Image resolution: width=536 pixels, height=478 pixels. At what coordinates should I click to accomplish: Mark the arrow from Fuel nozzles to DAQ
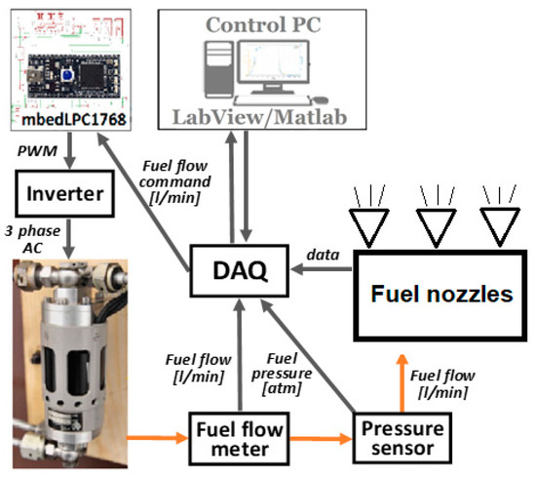point(322,266)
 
